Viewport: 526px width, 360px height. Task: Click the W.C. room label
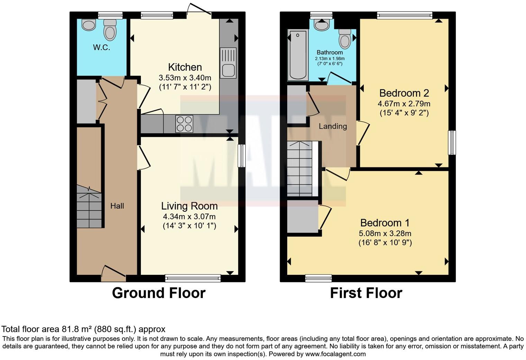tap(101, 48)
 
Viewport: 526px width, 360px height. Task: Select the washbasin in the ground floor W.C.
tap(89, 25)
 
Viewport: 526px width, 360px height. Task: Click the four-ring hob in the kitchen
tap(184, 124)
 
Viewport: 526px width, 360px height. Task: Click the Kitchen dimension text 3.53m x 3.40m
tap(185, 78)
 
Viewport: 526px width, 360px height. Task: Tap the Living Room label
tap(189, 206)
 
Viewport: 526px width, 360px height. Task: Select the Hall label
tap(117, 206)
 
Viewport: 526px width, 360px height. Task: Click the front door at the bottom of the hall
tap(113, 273)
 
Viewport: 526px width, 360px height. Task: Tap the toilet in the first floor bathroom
tap(345, 38)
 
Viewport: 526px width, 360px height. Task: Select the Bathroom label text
tap(330, 52)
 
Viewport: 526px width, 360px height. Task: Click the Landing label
tap(333, 126)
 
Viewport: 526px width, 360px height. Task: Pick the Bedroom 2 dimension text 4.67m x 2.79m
tap(404, 103)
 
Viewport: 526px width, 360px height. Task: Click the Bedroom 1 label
tap(385, 223)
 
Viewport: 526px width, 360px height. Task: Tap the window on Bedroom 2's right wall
tap(452, 143)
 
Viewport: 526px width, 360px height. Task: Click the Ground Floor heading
tap(158, 293)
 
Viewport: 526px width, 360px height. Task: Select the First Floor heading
tap(366, 293)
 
